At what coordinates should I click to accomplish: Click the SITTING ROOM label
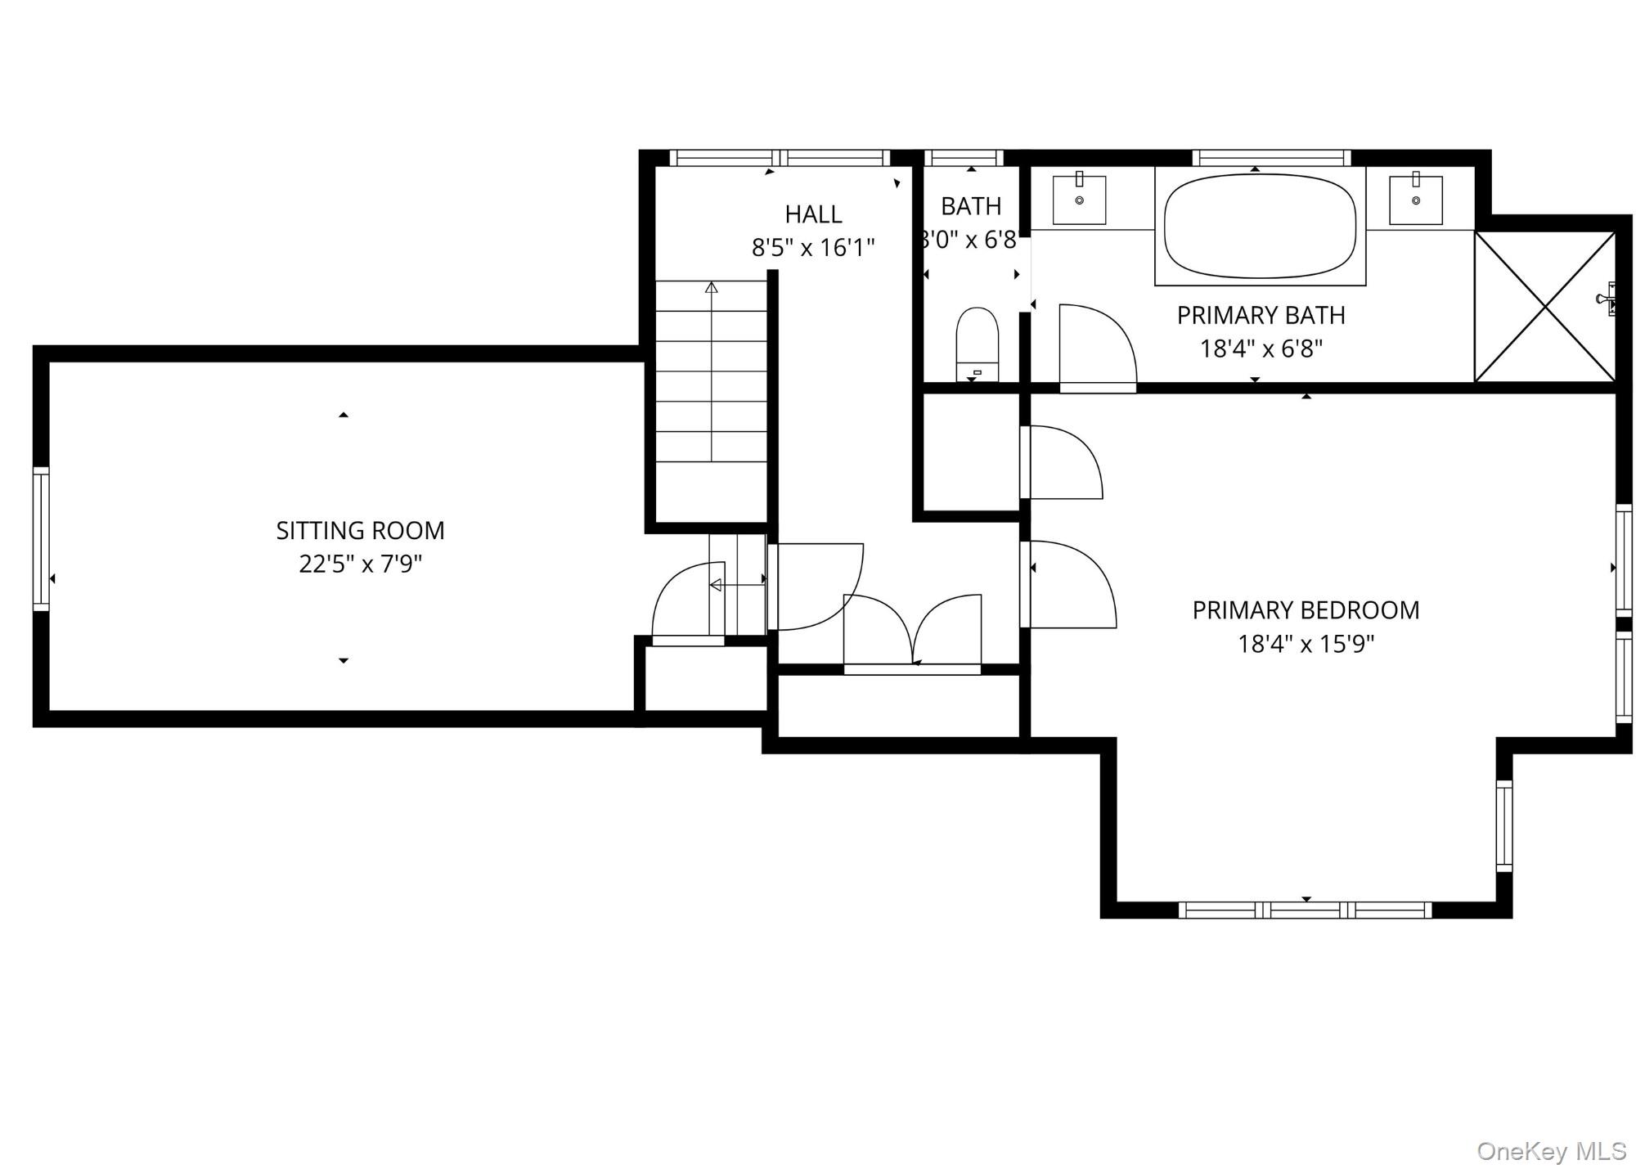pos(360,531)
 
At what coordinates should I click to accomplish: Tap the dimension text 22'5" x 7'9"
pos(360,564)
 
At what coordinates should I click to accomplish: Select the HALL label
pos(813,214)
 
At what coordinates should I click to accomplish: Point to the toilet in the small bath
pos(978,344)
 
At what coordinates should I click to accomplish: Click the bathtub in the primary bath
pos(1260,227)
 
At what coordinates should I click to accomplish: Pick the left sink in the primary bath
pos(1079,200)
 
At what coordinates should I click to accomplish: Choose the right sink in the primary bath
pos(1415,200)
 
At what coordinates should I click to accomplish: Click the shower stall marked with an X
pos(1544,307)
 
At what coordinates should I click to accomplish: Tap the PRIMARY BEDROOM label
pos(1306,610)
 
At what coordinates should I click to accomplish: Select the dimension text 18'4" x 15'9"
pos(1306,645)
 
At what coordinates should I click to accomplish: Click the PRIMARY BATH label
pos(1261,315)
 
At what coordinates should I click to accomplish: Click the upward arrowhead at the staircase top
pos(712,287)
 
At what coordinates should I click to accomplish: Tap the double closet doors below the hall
pos(912,634)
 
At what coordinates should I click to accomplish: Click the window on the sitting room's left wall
pos(41,538)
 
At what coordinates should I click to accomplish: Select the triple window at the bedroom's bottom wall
pos(1305,910)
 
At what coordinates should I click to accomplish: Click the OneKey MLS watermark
pos(1551,1151)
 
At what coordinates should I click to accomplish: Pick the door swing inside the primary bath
pos(1096,348)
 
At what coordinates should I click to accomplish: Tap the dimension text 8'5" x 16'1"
pos(813,248)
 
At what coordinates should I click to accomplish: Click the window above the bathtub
pos(1271,158)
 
